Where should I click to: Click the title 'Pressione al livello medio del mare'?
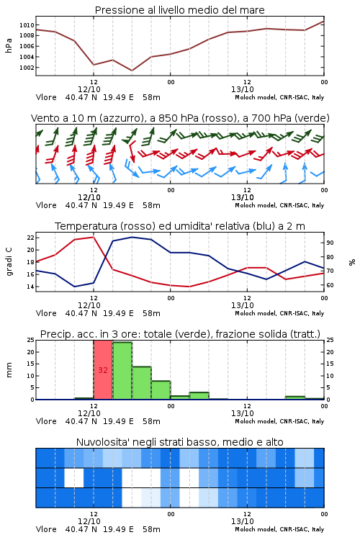[x=179, y=10]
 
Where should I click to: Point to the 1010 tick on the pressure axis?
[x=27, y=25]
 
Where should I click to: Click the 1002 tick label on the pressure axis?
[x=27, y=68]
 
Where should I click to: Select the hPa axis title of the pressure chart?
[x=9, y=45]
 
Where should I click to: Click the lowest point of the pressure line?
[x=132, y=71]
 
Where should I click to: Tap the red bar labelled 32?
[x=103, y=369]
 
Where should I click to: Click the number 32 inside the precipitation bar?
[x=103, y=370]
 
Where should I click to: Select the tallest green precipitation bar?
[x=122, y=371]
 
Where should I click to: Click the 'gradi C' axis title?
[x=9, y=262]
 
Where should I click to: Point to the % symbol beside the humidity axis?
[x=352, y=262]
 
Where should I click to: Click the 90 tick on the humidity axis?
[x=330, y=243]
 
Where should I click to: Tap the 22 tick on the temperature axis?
[x=30, y=238]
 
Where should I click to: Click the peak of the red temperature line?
[x=94, y=237]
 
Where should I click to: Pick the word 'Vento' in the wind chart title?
[x=44, y=118]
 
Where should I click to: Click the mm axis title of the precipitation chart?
[x=9, y=370]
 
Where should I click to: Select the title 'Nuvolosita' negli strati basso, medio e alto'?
[x=179, y=442]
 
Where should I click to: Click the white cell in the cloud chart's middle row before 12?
[x=74, y=477]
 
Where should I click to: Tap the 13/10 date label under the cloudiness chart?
[x=243, y=521]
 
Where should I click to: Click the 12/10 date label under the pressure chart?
[x=89, y=89]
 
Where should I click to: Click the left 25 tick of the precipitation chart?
[x=30, y=341]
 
